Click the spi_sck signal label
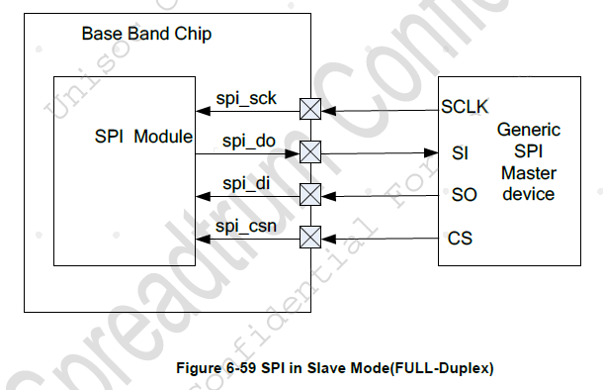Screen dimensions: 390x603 pyautogui.click(x=247, y=99)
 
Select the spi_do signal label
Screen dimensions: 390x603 pyautogui.click(x=247, y=142)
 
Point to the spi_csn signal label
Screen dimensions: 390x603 pyautogui.click(x=247, y=227)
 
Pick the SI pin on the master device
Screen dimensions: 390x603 pyautogui.click(x=460, y=152)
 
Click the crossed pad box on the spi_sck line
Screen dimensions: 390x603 pyautogui.click(x=310, y=109)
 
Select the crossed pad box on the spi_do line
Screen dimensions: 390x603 pyautogui.click(x=310, y=152)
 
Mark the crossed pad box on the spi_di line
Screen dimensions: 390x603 pyautogui.click(x=310, y=195)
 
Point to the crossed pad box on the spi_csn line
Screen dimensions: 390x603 pyautogui.click(x=310, y=238)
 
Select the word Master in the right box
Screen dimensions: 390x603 pyautogui.click(x=528, y=173)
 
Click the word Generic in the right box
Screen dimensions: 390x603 pyautogui.click(x=528, y=131)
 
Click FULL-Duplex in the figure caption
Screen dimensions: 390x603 pyautogui.click(x=448, y=368)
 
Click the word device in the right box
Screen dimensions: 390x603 pyautogui.click(x=528, y=195)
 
